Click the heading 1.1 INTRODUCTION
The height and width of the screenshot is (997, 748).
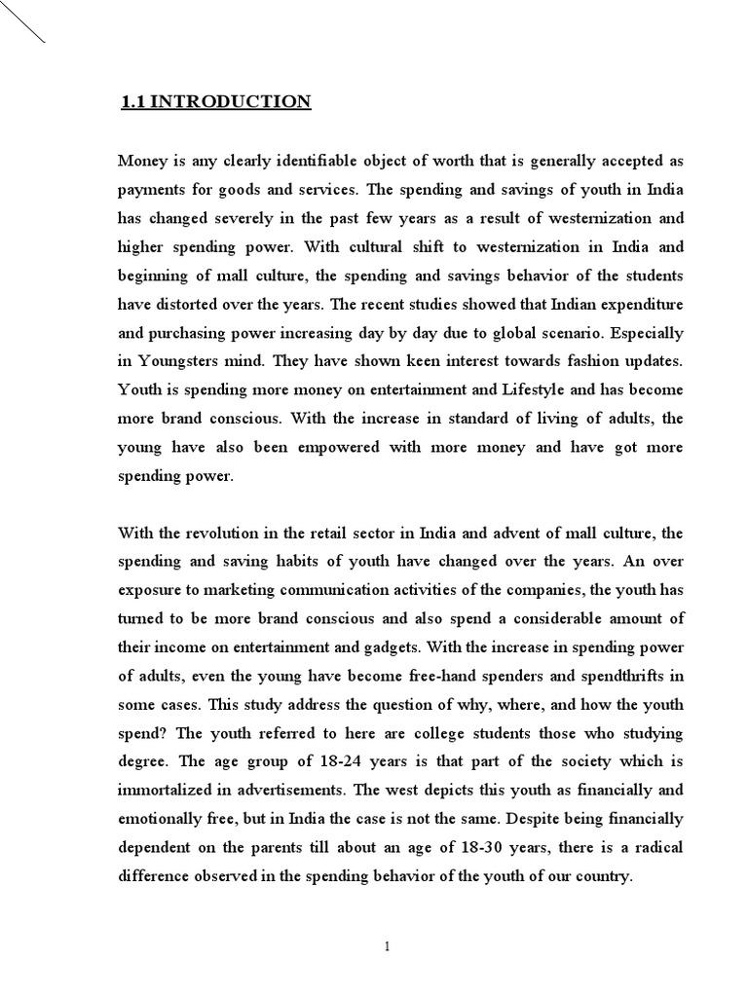click(215, 102)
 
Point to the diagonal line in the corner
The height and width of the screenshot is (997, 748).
click(22, 21)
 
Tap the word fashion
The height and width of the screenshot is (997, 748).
click(577, 361)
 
